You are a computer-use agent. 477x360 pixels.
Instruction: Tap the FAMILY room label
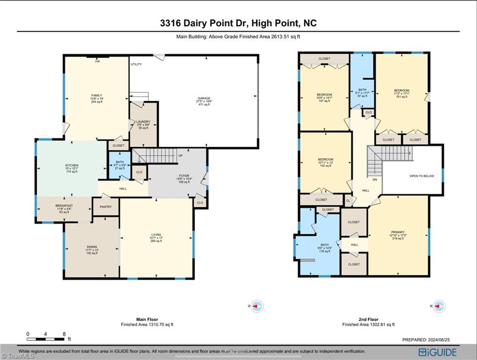pyautogui.click(x=97, y=96)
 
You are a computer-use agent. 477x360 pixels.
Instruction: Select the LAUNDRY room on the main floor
pyautogui.click(x=143, y=122)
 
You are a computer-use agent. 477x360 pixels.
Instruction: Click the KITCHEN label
pyautogui.click(x=72, y=165)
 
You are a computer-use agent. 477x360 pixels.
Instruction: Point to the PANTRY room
pyautogui.click(x=105, y=207)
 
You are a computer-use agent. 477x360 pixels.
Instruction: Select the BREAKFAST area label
pyautogui.click(x=63, y=205)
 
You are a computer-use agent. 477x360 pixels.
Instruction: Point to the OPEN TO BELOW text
pyautogui.click(x=422, y=176)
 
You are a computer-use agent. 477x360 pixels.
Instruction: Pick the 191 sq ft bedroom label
pyautogui.click(x=401, y=90)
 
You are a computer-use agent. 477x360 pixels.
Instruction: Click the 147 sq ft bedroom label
pyautogui.click(x=324, y=95)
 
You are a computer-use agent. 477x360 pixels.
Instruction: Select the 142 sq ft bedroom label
pyautogui.click(x=325, y=159)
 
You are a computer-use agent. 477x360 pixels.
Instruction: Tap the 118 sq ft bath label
pyautogui.click(x=325, y=245)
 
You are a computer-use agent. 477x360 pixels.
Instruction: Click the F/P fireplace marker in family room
pyautogui.click(x=97, y=62)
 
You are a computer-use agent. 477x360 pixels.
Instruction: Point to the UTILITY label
pyautogui.click(x=136, y=64)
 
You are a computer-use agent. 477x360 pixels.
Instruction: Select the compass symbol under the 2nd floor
pyautogui.click(x=439, y=306)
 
